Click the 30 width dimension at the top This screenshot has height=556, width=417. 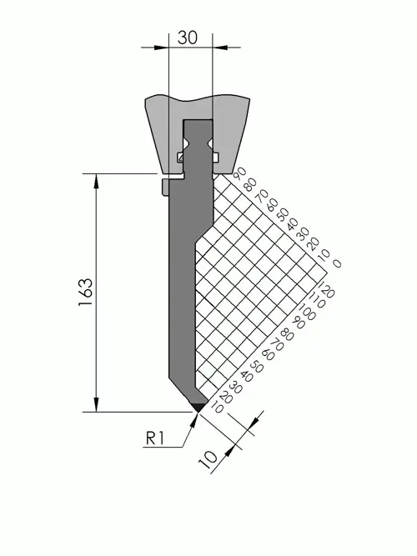pyautogui.click(x=188, y=38)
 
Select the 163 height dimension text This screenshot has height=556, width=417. pyautogui.click(x=86, y=293)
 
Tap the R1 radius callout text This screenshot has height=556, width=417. pyautogui.click(x=155, y=438)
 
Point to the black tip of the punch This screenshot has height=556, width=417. pyautogui.click(x=198, y=407)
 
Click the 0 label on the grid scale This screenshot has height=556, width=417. pyautogui.click(x=337, y=263)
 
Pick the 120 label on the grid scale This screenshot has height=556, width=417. pyautogui.click(x=327, y=289)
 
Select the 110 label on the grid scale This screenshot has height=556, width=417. pyautogui.click(x=318, y=300)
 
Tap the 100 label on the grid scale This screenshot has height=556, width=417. pyautogui.click(x=308, y=312)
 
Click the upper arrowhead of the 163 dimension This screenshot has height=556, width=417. pyautogui.click(x=96, y=181)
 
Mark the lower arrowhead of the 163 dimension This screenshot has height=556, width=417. pyautogui.click(x=96, y=405)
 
